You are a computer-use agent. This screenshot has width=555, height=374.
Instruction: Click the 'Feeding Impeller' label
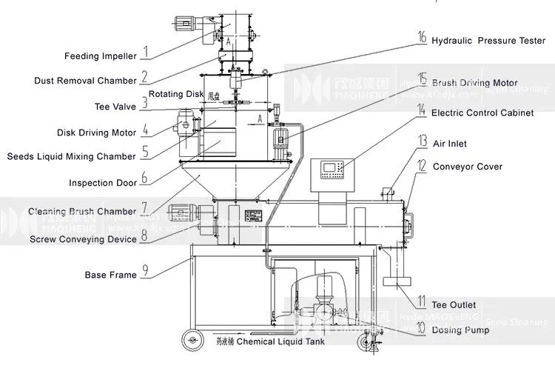pos(100,56)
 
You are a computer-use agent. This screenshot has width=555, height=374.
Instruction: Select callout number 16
pos(422,37)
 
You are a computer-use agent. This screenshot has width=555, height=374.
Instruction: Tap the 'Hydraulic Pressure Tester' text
pos(488,41)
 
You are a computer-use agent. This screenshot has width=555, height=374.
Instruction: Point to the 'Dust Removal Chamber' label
pos(85,81)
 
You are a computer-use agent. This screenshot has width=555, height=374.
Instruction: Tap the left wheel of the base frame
pos(191,340)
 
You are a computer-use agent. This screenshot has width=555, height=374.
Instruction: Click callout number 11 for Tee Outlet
pos(421,301)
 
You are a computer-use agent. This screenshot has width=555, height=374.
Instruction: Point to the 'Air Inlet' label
pos(449,144)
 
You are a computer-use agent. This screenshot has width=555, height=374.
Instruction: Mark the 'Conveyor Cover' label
pos(467,167)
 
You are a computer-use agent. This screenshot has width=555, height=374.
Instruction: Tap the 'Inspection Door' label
pos(102,183)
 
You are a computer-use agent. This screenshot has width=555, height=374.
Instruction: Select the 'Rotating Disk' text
pos(176,94)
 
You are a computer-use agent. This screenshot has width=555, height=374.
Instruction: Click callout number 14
pos(421,110)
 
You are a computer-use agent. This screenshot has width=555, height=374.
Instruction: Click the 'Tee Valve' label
pos(115,107)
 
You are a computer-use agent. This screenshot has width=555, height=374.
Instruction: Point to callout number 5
pos(145,153)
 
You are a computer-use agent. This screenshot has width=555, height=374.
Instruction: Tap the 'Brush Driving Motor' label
pos(474,83)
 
